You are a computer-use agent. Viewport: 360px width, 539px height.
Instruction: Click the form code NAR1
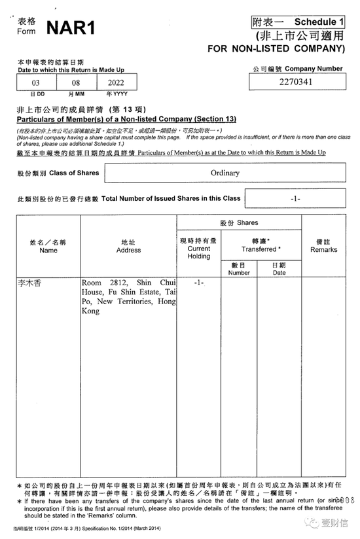pos(71,27)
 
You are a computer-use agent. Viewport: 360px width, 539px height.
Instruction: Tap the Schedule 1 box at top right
pos(298,22)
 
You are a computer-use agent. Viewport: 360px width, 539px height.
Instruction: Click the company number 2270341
pos(296,82)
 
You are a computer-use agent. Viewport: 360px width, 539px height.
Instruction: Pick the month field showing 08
pos(77,83)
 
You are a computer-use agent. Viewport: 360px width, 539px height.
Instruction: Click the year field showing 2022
pos(117,83)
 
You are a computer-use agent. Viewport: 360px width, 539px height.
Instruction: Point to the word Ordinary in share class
pos(225,173)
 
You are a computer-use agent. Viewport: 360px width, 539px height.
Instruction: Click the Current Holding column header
pos(199,249)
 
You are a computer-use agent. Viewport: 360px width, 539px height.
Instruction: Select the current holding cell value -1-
pos(199,283)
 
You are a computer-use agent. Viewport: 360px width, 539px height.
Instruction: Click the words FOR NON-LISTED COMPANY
pos(276,48)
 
